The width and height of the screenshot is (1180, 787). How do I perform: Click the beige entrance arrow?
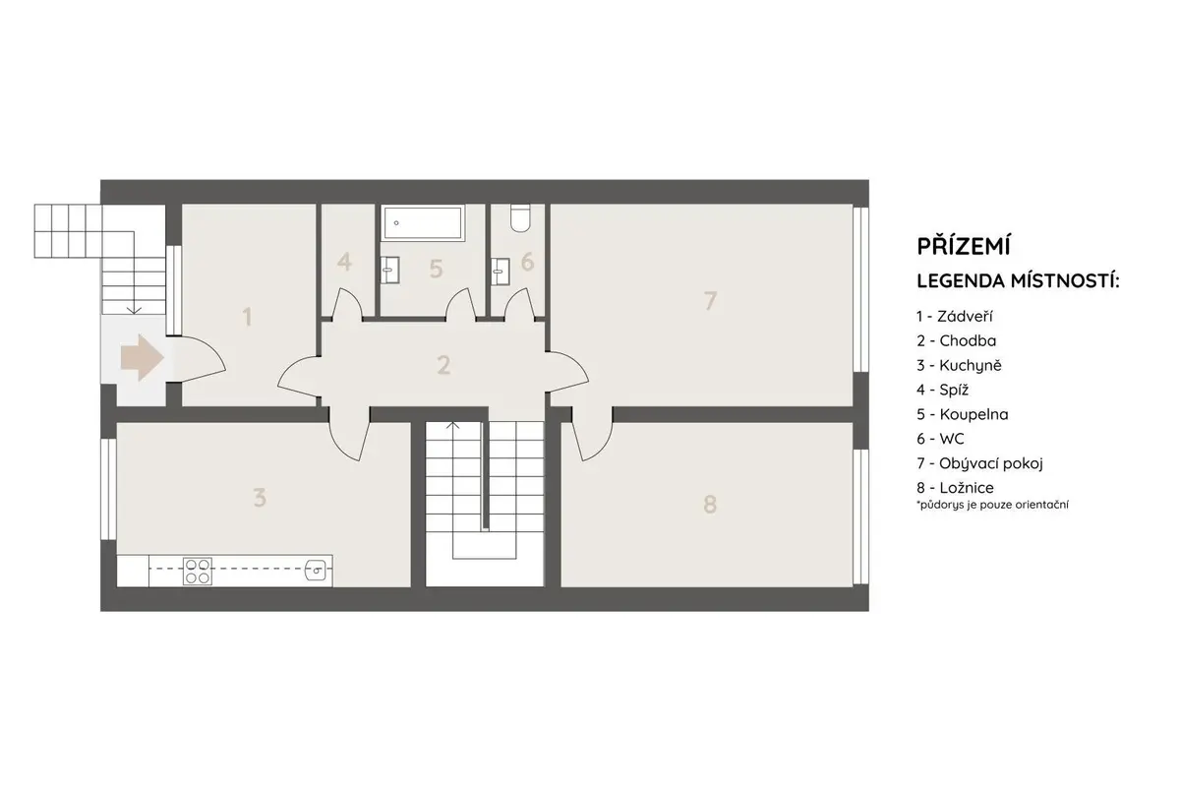point(143,357)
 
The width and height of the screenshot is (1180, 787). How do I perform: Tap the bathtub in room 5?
point(423,222)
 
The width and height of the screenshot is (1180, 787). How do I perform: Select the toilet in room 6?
point(520,218)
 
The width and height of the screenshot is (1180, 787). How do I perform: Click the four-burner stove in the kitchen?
point(198,571)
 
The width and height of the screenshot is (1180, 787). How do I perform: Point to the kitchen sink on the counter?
point(319,570)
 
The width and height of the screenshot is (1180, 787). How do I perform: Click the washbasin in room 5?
point(389,270)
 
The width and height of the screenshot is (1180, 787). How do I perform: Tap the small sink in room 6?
point(500,272)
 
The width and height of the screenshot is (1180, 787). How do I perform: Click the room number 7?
point(710,301)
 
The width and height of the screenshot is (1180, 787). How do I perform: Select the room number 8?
point(710,505)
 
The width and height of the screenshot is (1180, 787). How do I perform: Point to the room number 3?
point(260,498)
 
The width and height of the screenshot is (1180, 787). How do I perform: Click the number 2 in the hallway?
point(443,365)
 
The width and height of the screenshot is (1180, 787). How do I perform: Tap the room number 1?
point(247,318)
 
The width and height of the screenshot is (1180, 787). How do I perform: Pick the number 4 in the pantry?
point(344,262)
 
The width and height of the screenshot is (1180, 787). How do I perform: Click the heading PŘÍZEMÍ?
point(964,245)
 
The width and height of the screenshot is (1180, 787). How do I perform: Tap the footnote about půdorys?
point(992,505)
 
